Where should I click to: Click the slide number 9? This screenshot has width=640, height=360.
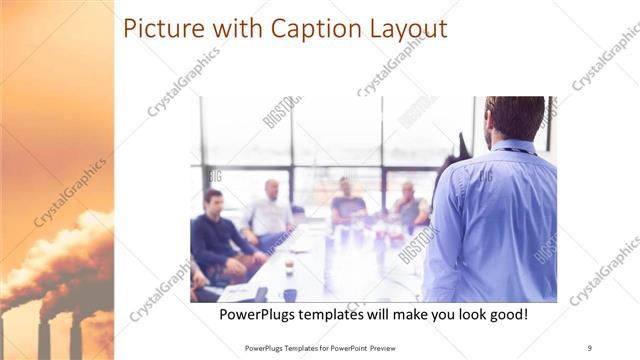(x=589, y=347)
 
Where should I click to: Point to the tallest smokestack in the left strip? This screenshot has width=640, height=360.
(x=43, y=335)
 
